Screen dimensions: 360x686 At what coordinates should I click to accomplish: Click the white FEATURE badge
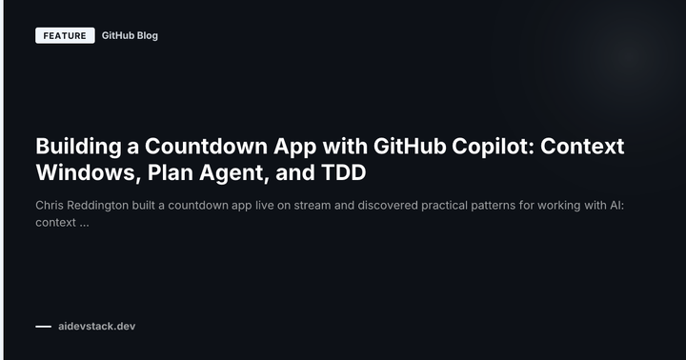click(x=65, y=36)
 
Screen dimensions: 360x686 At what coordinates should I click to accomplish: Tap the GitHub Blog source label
click(x=130, y=36)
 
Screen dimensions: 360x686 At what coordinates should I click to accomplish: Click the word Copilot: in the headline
click(x=499, y=148)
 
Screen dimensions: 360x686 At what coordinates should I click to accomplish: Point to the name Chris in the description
click(x=51, y=206)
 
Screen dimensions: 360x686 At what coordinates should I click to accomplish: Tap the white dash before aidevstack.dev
click(x=43, y=327)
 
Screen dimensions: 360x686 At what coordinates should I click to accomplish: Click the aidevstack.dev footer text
click(x=96, y=327)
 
